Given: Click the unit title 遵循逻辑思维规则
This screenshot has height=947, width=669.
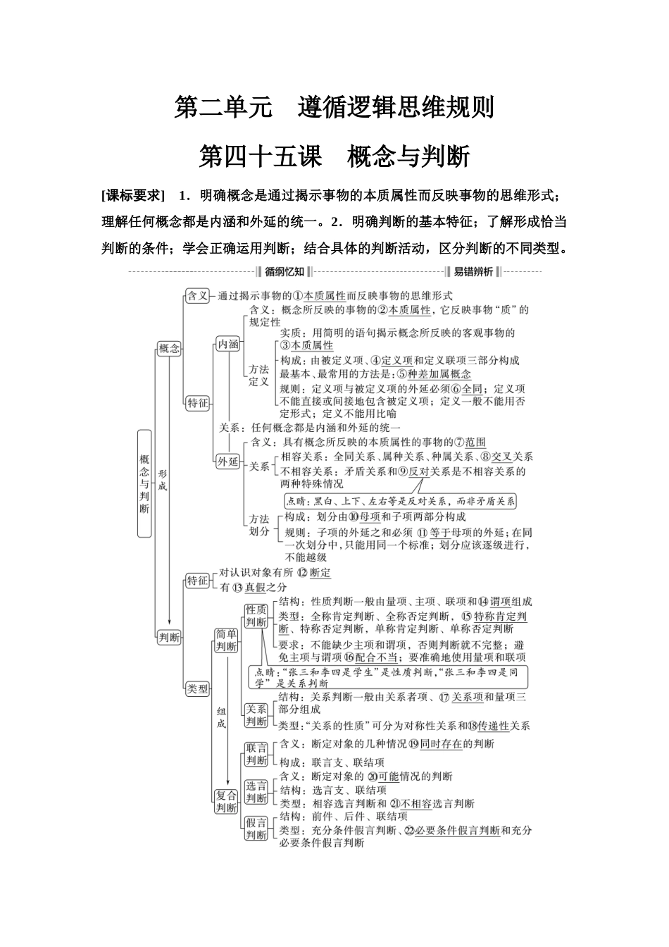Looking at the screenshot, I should coord(395,107).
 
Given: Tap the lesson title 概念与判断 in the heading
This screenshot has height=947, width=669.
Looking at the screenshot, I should coord(408,156).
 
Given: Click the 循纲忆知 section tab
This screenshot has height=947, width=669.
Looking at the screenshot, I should coord(285,272).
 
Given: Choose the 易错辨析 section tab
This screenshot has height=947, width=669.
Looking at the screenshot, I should coord(473,272).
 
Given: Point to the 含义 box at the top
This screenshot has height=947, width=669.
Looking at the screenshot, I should coord(197,296).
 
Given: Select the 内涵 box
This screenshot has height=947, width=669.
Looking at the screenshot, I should coord(227,345).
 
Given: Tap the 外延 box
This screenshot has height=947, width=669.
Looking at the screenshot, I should coord(227,462).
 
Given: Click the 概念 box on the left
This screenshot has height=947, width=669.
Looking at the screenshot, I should coord(169,348).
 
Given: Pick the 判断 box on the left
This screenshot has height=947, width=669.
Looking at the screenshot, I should coord(169,637).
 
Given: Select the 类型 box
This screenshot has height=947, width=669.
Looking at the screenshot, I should coord(197,689).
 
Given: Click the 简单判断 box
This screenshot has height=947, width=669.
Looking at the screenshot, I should coord(226,640).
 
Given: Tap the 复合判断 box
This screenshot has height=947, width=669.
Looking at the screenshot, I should coord(226,802).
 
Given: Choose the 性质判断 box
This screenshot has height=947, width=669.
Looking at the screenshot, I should coord(256,616).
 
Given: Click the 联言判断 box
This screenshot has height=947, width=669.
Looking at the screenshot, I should coord(256,754).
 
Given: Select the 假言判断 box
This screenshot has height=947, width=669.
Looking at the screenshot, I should coord(256,829).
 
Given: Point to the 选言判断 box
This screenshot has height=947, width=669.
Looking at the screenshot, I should coord(256,792).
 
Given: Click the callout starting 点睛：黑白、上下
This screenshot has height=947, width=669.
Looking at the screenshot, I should coord(401,502).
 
